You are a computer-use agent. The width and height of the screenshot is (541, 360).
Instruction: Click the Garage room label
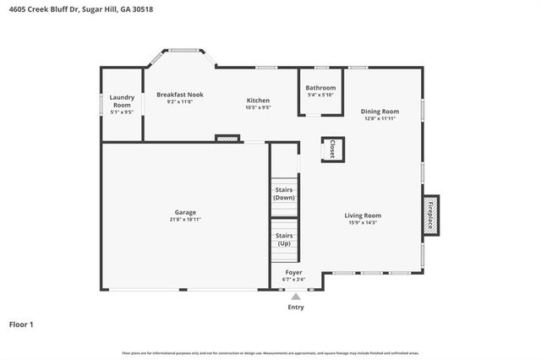(185, 212)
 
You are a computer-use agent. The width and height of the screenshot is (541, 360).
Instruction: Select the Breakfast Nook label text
(179, 95)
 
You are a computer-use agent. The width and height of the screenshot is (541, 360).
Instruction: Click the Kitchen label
(258, 101)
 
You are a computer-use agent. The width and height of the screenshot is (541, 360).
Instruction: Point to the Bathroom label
(320, 88)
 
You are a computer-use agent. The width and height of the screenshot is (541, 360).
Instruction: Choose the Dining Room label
(380, 112)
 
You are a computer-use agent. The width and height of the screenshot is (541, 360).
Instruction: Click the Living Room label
(363, 215)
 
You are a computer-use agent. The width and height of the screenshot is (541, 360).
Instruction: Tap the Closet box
(332, 149)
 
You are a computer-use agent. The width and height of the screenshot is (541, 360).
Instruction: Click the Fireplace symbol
(430, 215)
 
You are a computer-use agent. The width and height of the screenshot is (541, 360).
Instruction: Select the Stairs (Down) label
(284, 194)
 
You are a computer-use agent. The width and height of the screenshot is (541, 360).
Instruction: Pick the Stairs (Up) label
(284, 239)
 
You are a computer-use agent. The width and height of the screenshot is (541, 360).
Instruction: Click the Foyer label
(293, 272)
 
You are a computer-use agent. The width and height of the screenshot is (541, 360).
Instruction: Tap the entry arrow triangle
(295, 297)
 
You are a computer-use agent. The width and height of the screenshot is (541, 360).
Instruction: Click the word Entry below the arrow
(295, 308)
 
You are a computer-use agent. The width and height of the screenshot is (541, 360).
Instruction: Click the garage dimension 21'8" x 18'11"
(185, 220)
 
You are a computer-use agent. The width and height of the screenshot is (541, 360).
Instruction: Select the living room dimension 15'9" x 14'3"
(363, 223)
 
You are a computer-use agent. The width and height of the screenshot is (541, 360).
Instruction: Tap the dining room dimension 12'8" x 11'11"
(380, 119)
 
